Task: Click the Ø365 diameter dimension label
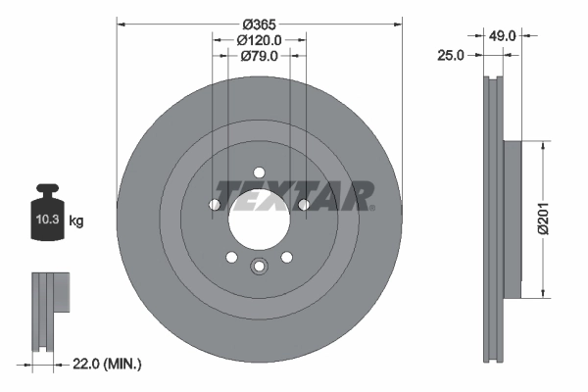pos(259,23)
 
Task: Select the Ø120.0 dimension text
pos(259,40)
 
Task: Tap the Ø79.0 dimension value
pos(259,56)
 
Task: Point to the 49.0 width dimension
pos(503,36)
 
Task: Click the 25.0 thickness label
pos(450,56)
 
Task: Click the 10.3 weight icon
pos(47,218)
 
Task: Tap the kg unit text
pos(76,222)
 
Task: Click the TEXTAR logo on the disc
pos(294,196)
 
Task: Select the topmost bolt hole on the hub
pos(259,171)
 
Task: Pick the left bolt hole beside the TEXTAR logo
pos(215,204)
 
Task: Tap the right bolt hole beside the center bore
pos(303,204)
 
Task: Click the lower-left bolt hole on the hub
pos(231,257)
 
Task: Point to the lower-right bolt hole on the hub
pos(286,257)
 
